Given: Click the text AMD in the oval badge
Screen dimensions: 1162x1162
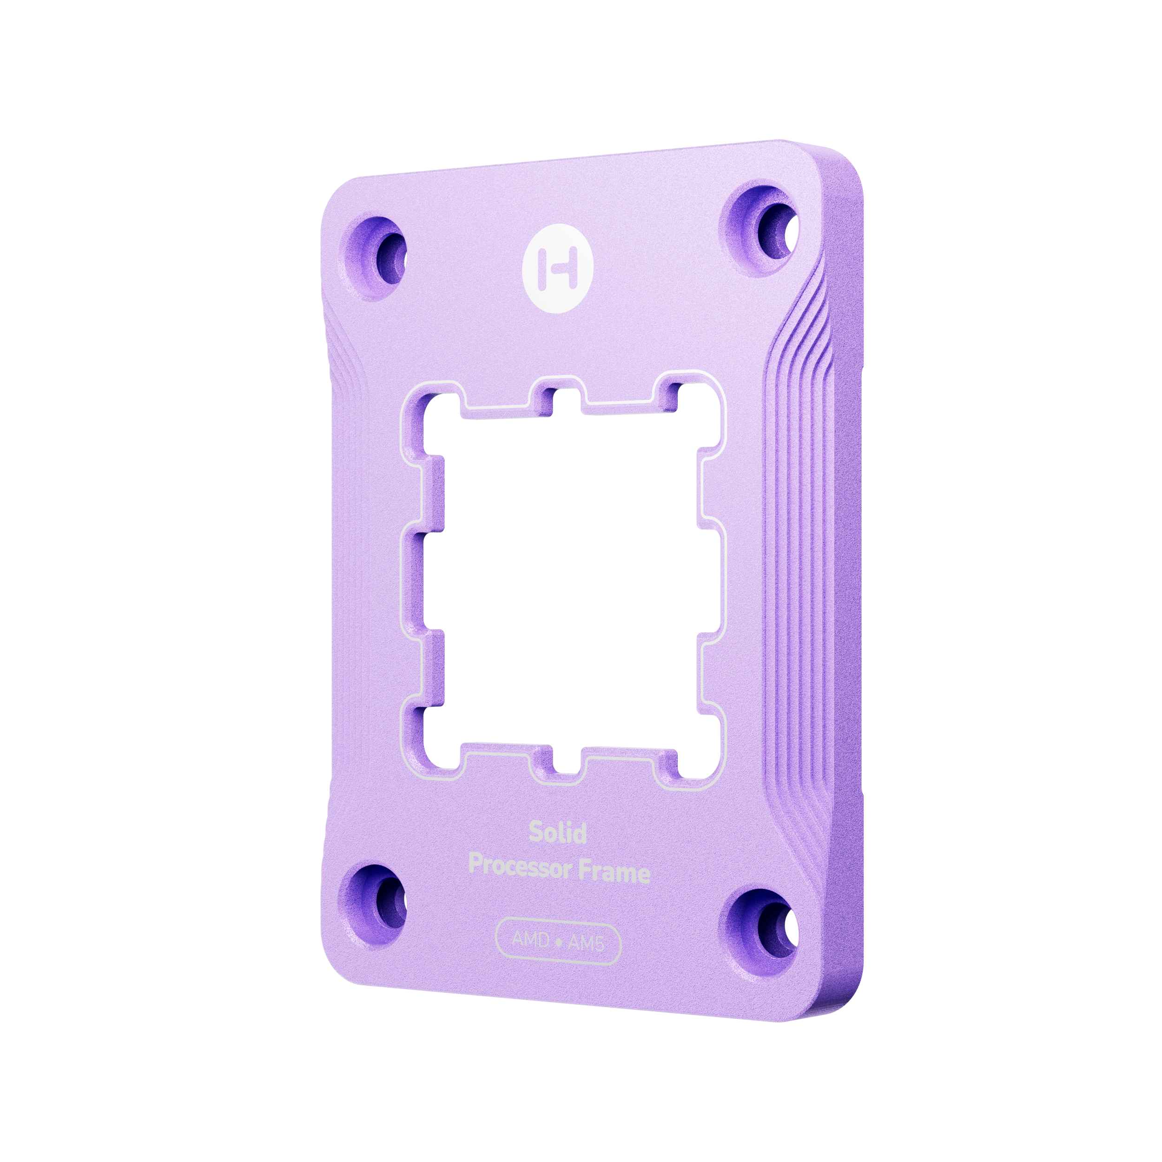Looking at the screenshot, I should click(530, 939).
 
